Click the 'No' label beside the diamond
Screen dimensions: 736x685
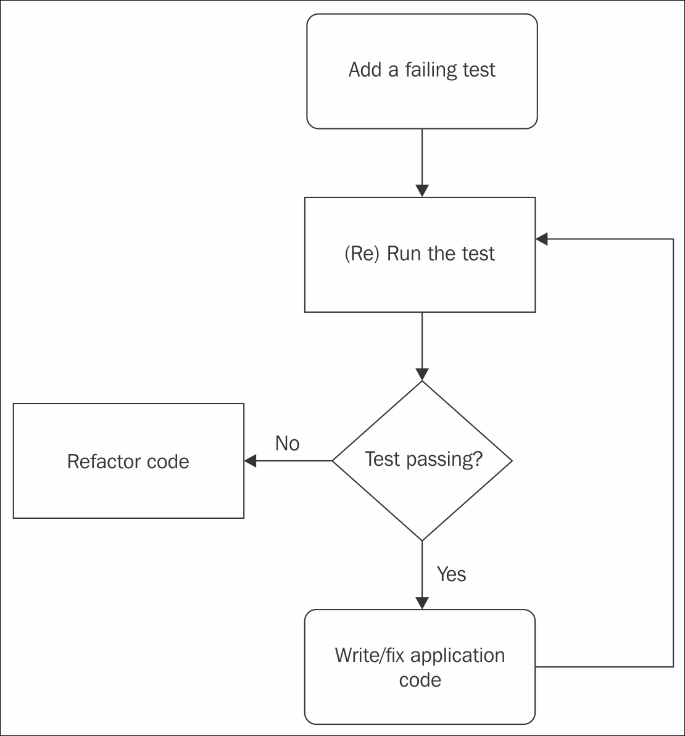click(288, 443)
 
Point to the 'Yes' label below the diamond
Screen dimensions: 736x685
click(451, 574)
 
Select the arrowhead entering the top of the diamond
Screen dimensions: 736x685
click(422, 374)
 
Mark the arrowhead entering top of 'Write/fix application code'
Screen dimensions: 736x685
click(422, 603)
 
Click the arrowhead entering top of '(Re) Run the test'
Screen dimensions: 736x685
click(422, 191)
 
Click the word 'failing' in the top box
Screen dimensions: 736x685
click(428, 70)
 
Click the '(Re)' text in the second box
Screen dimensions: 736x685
click(361, 254)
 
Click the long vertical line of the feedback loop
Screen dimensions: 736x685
click(673, 453)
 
